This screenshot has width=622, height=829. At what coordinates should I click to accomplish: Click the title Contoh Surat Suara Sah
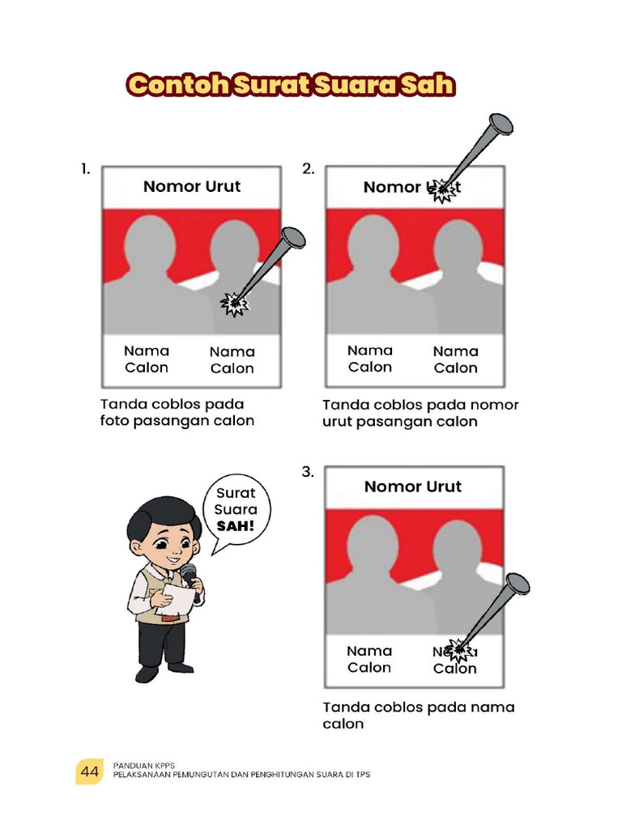pos(291,86)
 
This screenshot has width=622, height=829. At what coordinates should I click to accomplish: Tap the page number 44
pos(88,773)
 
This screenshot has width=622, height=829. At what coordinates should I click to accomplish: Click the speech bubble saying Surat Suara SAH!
pos(236,509)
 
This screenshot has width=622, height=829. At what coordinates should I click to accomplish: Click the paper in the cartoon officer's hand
pos(180,601)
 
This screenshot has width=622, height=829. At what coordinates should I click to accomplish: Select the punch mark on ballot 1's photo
pos(234,304)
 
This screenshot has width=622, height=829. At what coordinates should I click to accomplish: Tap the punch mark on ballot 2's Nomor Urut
pos(441,189)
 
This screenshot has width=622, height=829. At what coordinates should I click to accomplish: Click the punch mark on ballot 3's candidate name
pos(459,648)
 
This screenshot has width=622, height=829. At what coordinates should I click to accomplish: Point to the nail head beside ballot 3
pos(516,584)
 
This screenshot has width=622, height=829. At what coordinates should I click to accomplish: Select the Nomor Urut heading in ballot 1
pos(192,186)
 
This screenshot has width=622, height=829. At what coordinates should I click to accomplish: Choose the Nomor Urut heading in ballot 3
pos(413,487)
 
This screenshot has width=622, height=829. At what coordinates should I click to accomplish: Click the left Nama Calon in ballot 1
pos(147,359)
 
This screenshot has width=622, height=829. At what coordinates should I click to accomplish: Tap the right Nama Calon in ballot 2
pos(456,359)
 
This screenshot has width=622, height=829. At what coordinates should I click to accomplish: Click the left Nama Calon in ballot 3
pos(369,659)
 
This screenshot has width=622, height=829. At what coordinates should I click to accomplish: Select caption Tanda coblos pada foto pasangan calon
pos(177,412)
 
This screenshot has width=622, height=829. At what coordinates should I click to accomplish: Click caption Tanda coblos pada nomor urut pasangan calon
pos(420,413)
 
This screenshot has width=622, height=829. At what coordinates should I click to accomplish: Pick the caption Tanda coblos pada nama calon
pos(418,715)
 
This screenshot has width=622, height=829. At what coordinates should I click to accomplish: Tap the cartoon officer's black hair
pos(163,512)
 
